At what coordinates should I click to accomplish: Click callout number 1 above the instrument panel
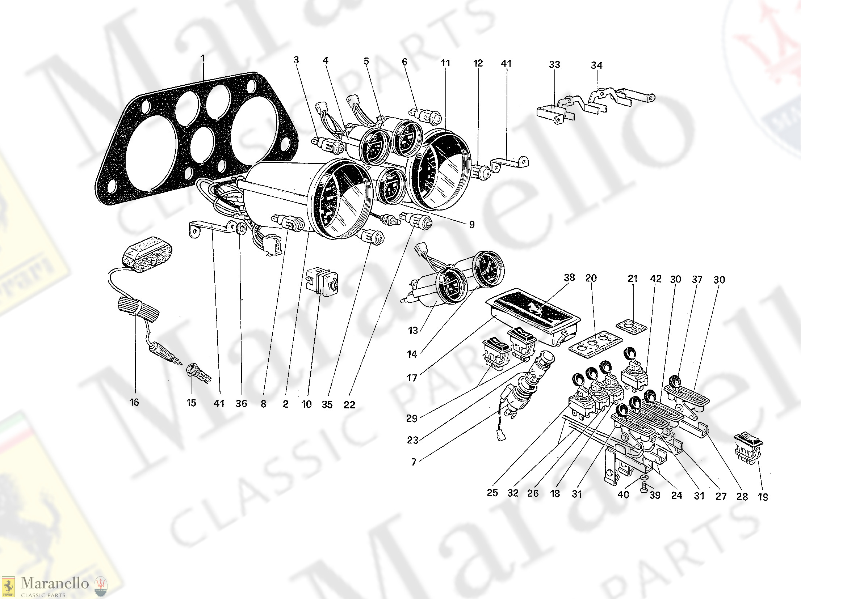[x=203, y=58]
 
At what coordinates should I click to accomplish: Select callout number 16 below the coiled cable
[x=134, y=402]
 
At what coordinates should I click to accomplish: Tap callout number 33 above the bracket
[x=554, y=65]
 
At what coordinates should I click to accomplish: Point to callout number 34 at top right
[x=597, y=66]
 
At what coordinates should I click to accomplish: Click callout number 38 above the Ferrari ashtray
[x=569, y=278]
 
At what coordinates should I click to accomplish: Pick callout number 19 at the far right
[x=763, y=497]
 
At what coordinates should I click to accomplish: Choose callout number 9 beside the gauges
[x=472, y=225]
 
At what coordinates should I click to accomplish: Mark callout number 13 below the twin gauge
[x=413, y=331]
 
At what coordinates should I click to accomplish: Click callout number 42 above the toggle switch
[x=656, y=279]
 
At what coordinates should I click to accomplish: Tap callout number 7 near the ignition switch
[x=414, y=462]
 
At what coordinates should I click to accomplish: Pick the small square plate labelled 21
[x=632, y=327]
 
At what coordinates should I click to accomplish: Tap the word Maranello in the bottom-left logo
[x=55, y=583]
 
